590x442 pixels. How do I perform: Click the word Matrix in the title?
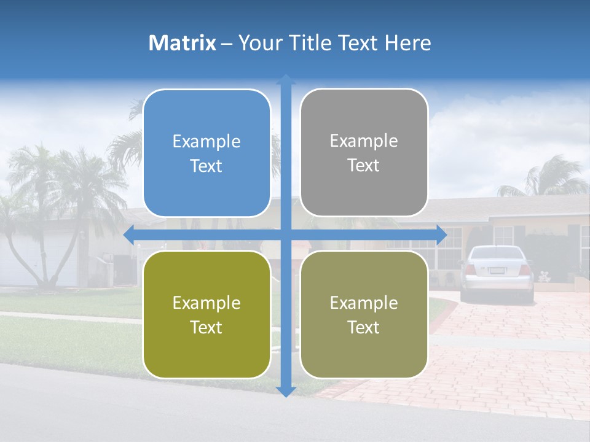[183, 43]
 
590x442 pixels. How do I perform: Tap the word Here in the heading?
[407, 43]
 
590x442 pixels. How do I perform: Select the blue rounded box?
[206, 153]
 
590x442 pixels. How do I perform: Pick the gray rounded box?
[364, 153]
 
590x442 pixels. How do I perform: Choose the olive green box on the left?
[206, 314]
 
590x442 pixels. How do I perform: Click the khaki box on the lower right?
[364, 314]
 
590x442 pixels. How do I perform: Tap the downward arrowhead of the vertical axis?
[286, 391]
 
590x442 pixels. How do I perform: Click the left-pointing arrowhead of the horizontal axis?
[128, 234]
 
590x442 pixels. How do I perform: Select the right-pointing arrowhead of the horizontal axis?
[441, 234]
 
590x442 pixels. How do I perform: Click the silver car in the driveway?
[497, 273]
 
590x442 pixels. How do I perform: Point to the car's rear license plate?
[497, 270]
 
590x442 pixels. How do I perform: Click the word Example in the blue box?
[206, 141]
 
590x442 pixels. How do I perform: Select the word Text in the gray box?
[364, 166]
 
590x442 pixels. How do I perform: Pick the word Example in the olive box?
[206, 303]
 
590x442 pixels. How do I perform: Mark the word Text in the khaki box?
[364, 327]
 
